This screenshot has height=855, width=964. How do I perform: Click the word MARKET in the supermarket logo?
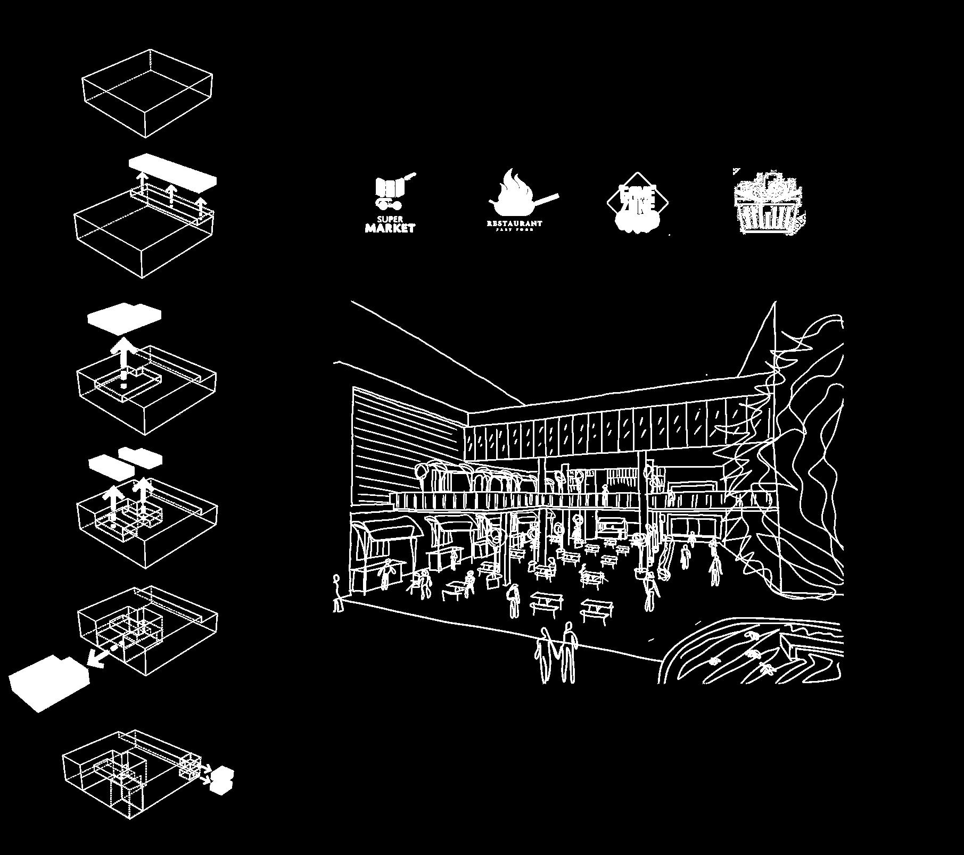390,228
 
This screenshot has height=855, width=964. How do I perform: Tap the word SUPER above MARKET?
390,219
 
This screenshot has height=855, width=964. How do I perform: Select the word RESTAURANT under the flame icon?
514,223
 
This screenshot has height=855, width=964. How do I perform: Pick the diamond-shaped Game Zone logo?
638,203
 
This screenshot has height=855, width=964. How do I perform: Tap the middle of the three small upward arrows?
170,194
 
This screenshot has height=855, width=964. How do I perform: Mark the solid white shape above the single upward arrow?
125,318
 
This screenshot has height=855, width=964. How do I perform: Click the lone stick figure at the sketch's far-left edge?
337,593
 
